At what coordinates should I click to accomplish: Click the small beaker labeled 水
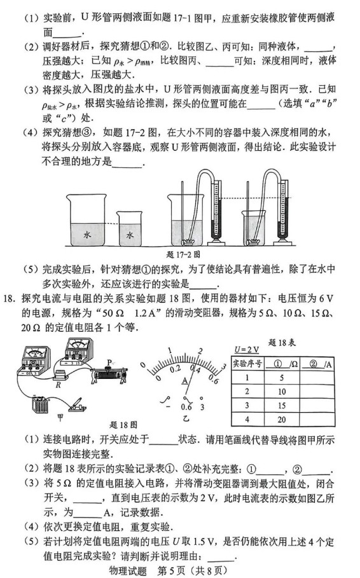(x=131, y=233)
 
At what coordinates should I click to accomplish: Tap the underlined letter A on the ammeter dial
(x=185, y=380)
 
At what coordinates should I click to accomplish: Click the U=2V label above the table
(x=245, y=349)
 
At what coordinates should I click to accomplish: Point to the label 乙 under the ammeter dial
(x=186, y=419)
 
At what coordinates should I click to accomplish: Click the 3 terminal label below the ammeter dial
(x=202, y=408)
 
